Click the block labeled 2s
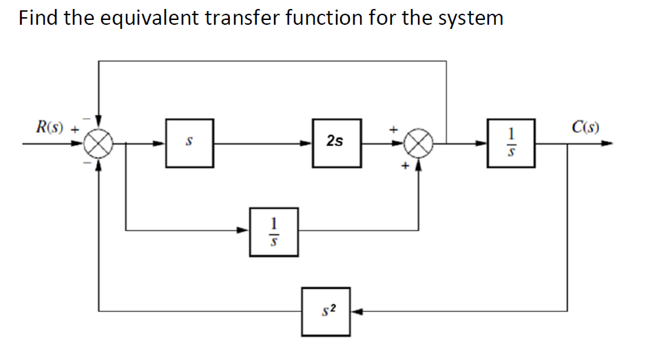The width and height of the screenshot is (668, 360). (336, 142)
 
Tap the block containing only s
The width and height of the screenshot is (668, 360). (189, 142)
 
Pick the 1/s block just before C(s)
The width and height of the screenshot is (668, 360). (510, 142)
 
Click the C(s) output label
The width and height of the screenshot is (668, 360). (585, 127)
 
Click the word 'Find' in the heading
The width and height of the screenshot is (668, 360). (39, 17)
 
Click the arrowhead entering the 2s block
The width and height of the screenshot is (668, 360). (307, 144)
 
